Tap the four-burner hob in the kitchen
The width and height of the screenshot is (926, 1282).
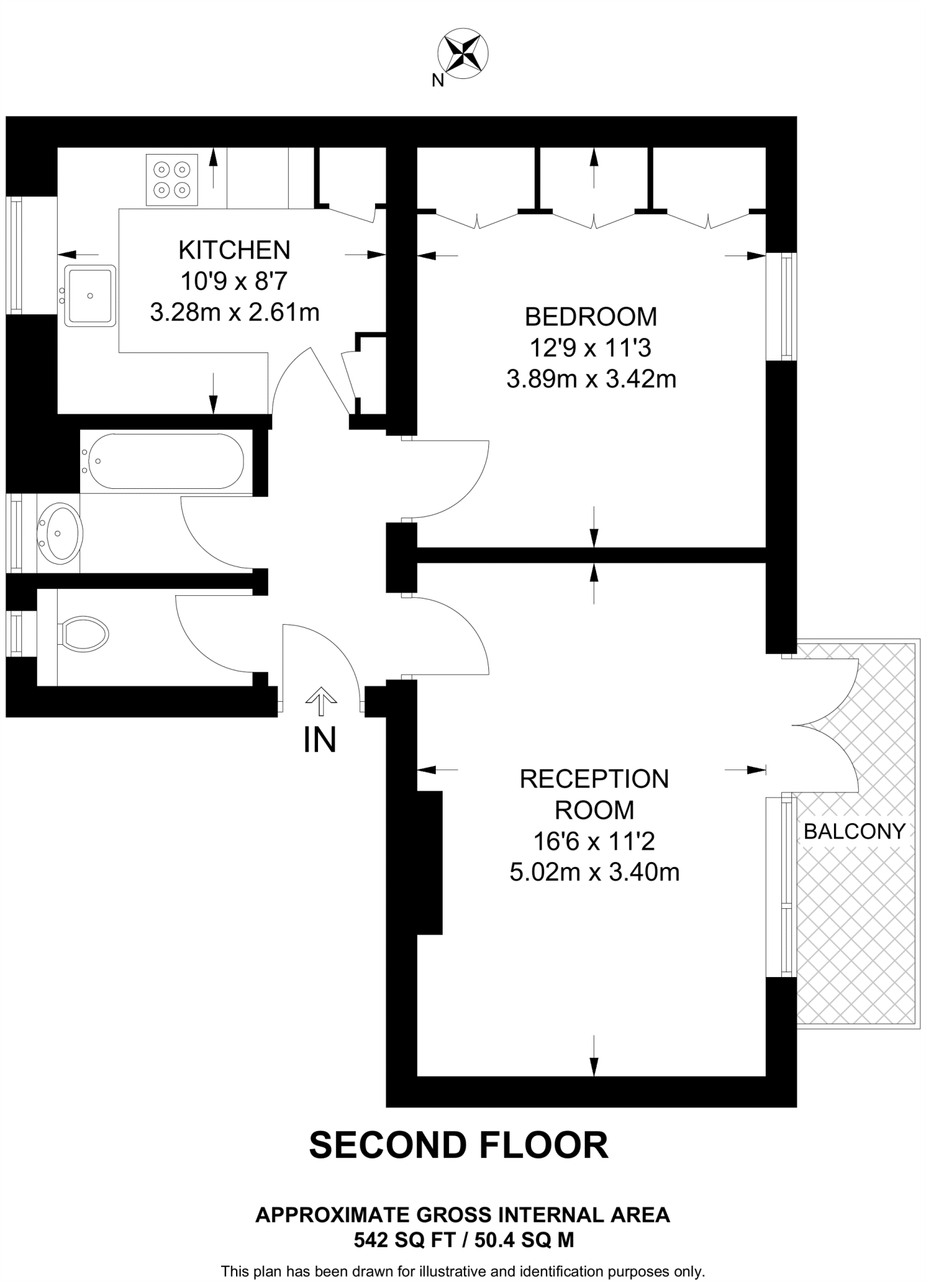[172, 180]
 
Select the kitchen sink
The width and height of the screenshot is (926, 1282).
[91, 295]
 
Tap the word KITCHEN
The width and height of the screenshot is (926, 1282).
[234, 250]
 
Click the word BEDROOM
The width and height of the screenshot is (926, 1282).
[590, 317]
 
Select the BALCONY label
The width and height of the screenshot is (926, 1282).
[854, 831]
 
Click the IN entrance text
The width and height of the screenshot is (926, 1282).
[320, 740]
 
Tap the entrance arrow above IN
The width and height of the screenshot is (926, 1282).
[321, 700]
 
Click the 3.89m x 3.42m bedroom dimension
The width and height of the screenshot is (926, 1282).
[591, 379]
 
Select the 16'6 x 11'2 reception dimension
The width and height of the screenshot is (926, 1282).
[594, 841]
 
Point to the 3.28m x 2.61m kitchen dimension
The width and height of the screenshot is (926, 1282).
[235, 312]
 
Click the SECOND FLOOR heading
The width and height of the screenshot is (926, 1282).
[458, 1145]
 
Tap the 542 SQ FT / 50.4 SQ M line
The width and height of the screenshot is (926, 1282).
[463, 1239]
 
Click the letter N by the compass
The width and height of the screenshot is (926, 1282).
[438, 80]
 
